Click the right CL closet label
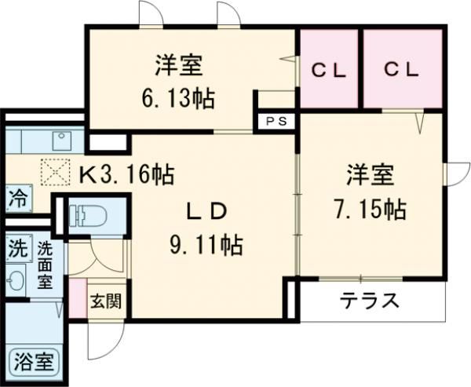[x=402, y=69]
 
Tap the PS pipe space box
[x=276, y=122]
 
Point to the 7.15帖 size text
[x=370, y=210]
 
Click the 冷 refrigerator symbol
[x=16, y=198]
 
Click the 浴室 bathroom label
[x=34, y=363]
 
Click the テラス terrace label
[x=370, y=300]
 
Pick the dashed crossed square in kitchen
[x=55, y=170]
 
